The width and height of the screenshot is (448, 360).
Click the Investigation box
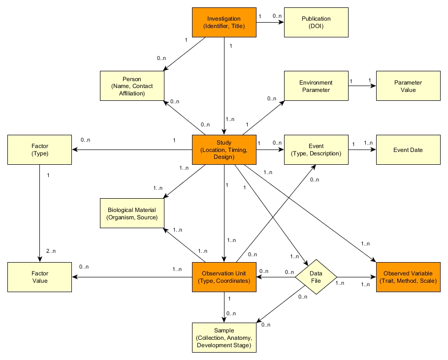click(224, 23)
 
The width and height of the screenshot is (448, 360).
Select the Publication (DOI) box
click(316, 23)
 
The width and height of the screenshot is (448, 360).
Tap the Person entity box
click(131, 86)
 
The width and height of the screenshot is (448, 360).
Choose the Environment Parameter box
click(316, 86)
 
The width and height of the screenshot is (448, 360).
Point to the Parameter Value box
click(408, 86)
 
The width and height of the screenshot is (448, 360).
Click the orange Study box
click(224, 150)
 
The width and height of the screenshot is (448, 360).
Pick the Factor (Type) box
click(39, 150)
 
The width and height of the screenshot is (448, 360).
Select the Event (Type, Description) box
click(316, 150)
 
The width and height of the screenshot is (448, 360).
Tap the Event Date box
click(408, 150)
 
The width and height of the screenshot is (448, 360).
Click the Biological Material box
click(131, 213)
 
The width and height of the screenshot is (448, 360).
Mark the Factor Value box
click(39, 277)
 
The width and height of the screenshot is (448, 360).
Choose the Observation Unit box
click(224, 277)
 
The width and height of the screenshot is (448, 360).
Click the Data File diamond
click(316, 277)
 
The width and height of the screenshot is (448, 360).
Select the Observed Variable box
click(408, 277)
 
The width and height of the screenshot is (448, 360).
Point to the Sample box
click(224, 338)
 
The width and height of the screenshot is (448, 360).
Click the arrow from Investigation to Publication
click(270, 23)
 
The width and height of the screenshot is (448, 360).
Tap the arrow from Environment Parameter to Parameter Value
click(362, 86)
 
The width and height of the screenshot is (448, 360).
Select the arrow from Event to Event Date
click(362, 150)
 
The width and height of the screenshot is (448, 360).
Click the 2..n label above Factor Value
click(51, 251)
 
